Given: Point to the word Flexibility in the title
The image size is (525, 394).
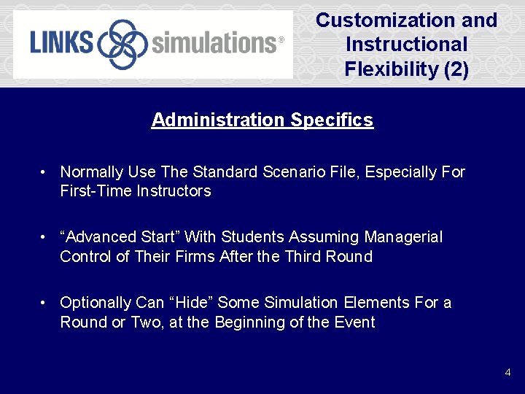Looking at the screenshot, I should [391, 70].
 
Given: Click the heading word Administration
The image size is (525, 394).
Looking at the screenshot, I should [218, 120].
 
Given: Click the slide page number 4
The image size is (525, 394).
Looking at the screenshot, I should [507, 373].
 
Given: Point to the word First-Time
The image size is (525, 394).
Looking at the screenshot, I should [96, 191].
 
